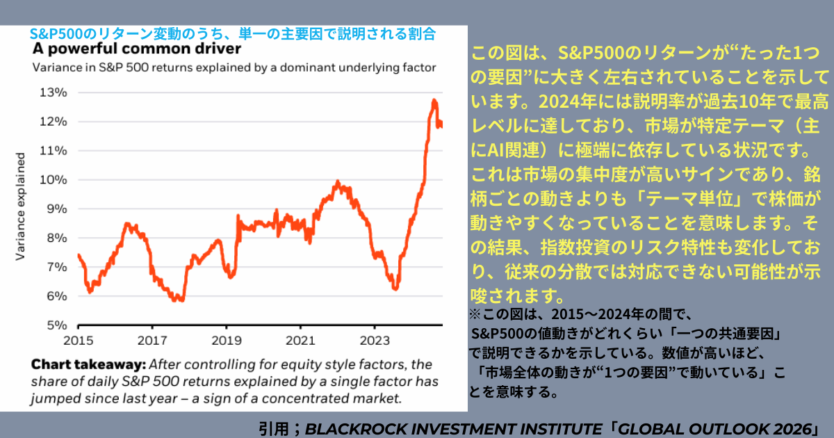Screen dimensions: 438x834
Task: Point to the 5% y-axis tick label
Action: pos(57,325)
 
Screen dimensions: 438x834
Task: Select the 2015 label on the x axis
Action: pos(78,340)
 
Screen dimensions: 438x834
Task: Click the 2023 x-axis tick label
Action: pos(374,340)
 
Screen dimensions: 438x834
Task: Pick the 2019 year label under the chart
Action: pos(226,340)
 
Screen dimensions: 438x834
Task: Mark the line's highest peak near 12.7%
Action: pos(434,101)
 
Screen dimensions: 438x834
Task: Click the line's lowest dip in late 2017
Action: pos(180,300)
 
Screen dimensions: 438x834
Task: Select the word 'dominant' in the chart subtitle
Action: pos(287,67)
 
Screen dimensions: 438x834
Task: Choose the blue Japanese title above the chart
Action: pos(233,33)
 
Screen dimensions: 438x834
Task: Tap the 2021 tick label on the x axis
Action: pos(300,340)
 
